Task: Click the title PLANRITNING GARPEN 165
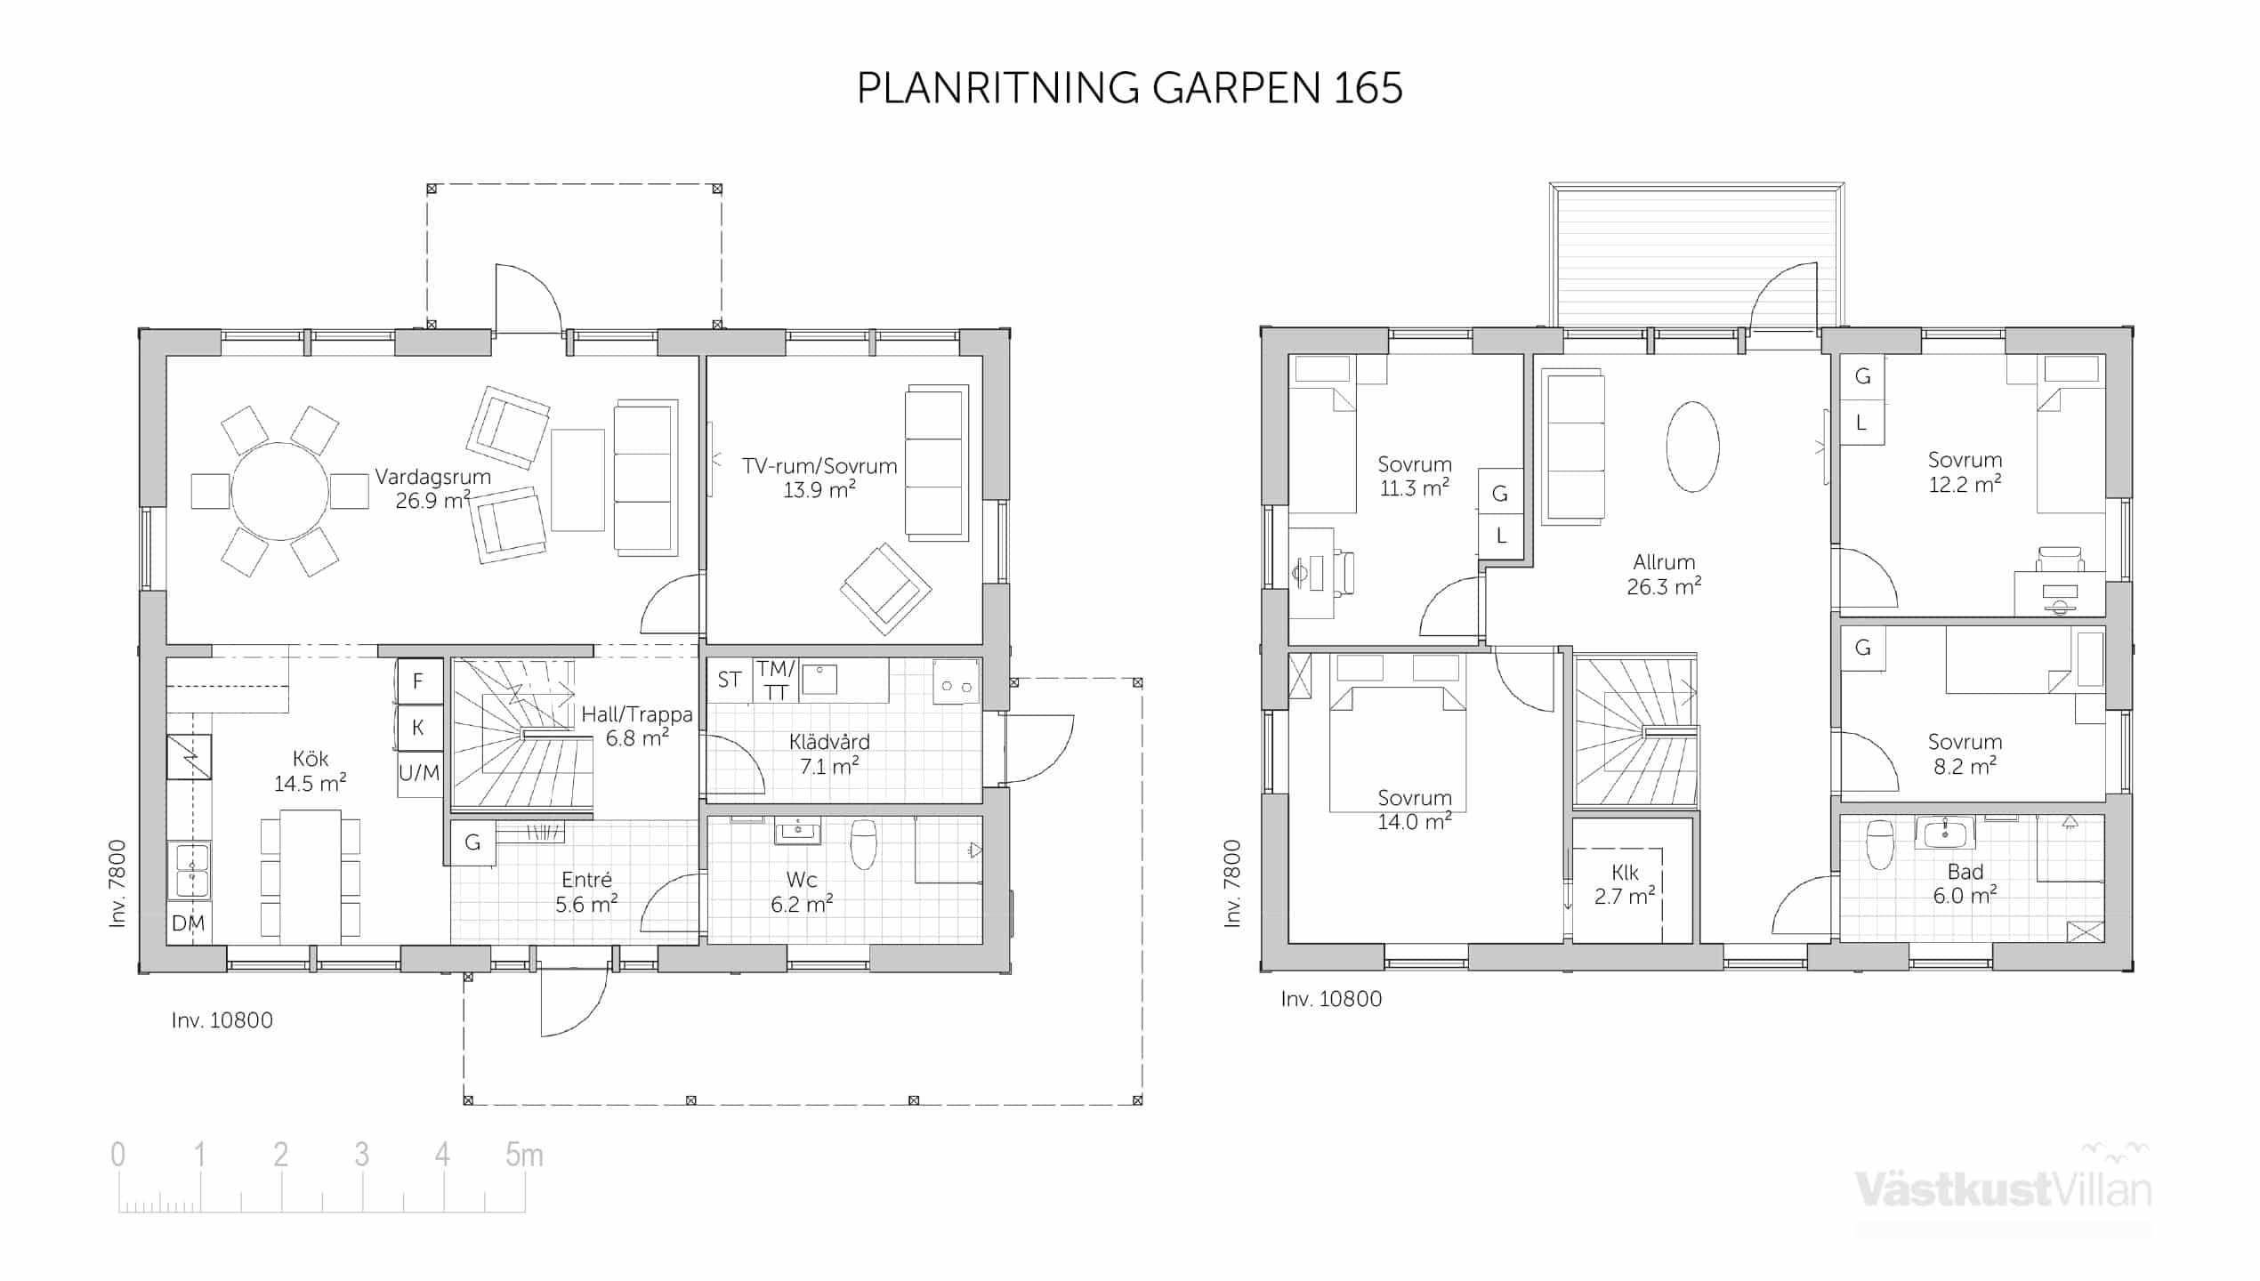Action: [x=1129, y=88]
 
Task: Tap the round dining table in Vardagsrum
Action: [x=279, y=491]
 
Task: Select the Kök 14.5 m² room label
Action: [x=310, y=770]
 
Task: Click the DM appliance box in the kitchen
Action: [x=189, y=922]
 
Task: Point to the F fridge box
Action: [x=419, y=681]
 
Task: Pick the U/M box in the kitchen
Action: [x=419, y=773]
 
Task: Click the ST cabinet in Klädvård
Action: [x=730, y=681]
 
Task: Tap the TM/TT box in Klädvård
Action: [x=776, y=681]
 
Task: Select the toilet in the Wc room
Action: [x=864, y=843]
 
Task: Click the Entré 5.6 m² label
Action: [x=586, y=892]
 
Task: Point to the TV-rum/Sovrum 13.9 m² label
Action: [x=819, y=478]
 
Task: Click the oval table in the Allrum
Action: [x=1692, y=447]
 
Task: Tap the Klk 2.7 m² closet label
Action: [x=1625, y=884]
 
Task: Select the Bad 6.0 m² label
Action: [x=1965, y=883]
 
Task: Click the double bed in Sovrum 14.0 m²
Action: [x=1398, y=748]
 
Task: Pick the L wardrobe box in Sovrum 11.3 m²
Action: [x=1501, y=536]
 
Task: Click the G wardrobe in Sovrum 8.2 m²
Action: [x=1862, y=648]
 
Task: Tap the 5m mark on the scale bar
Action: [x=524, y=1155]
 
